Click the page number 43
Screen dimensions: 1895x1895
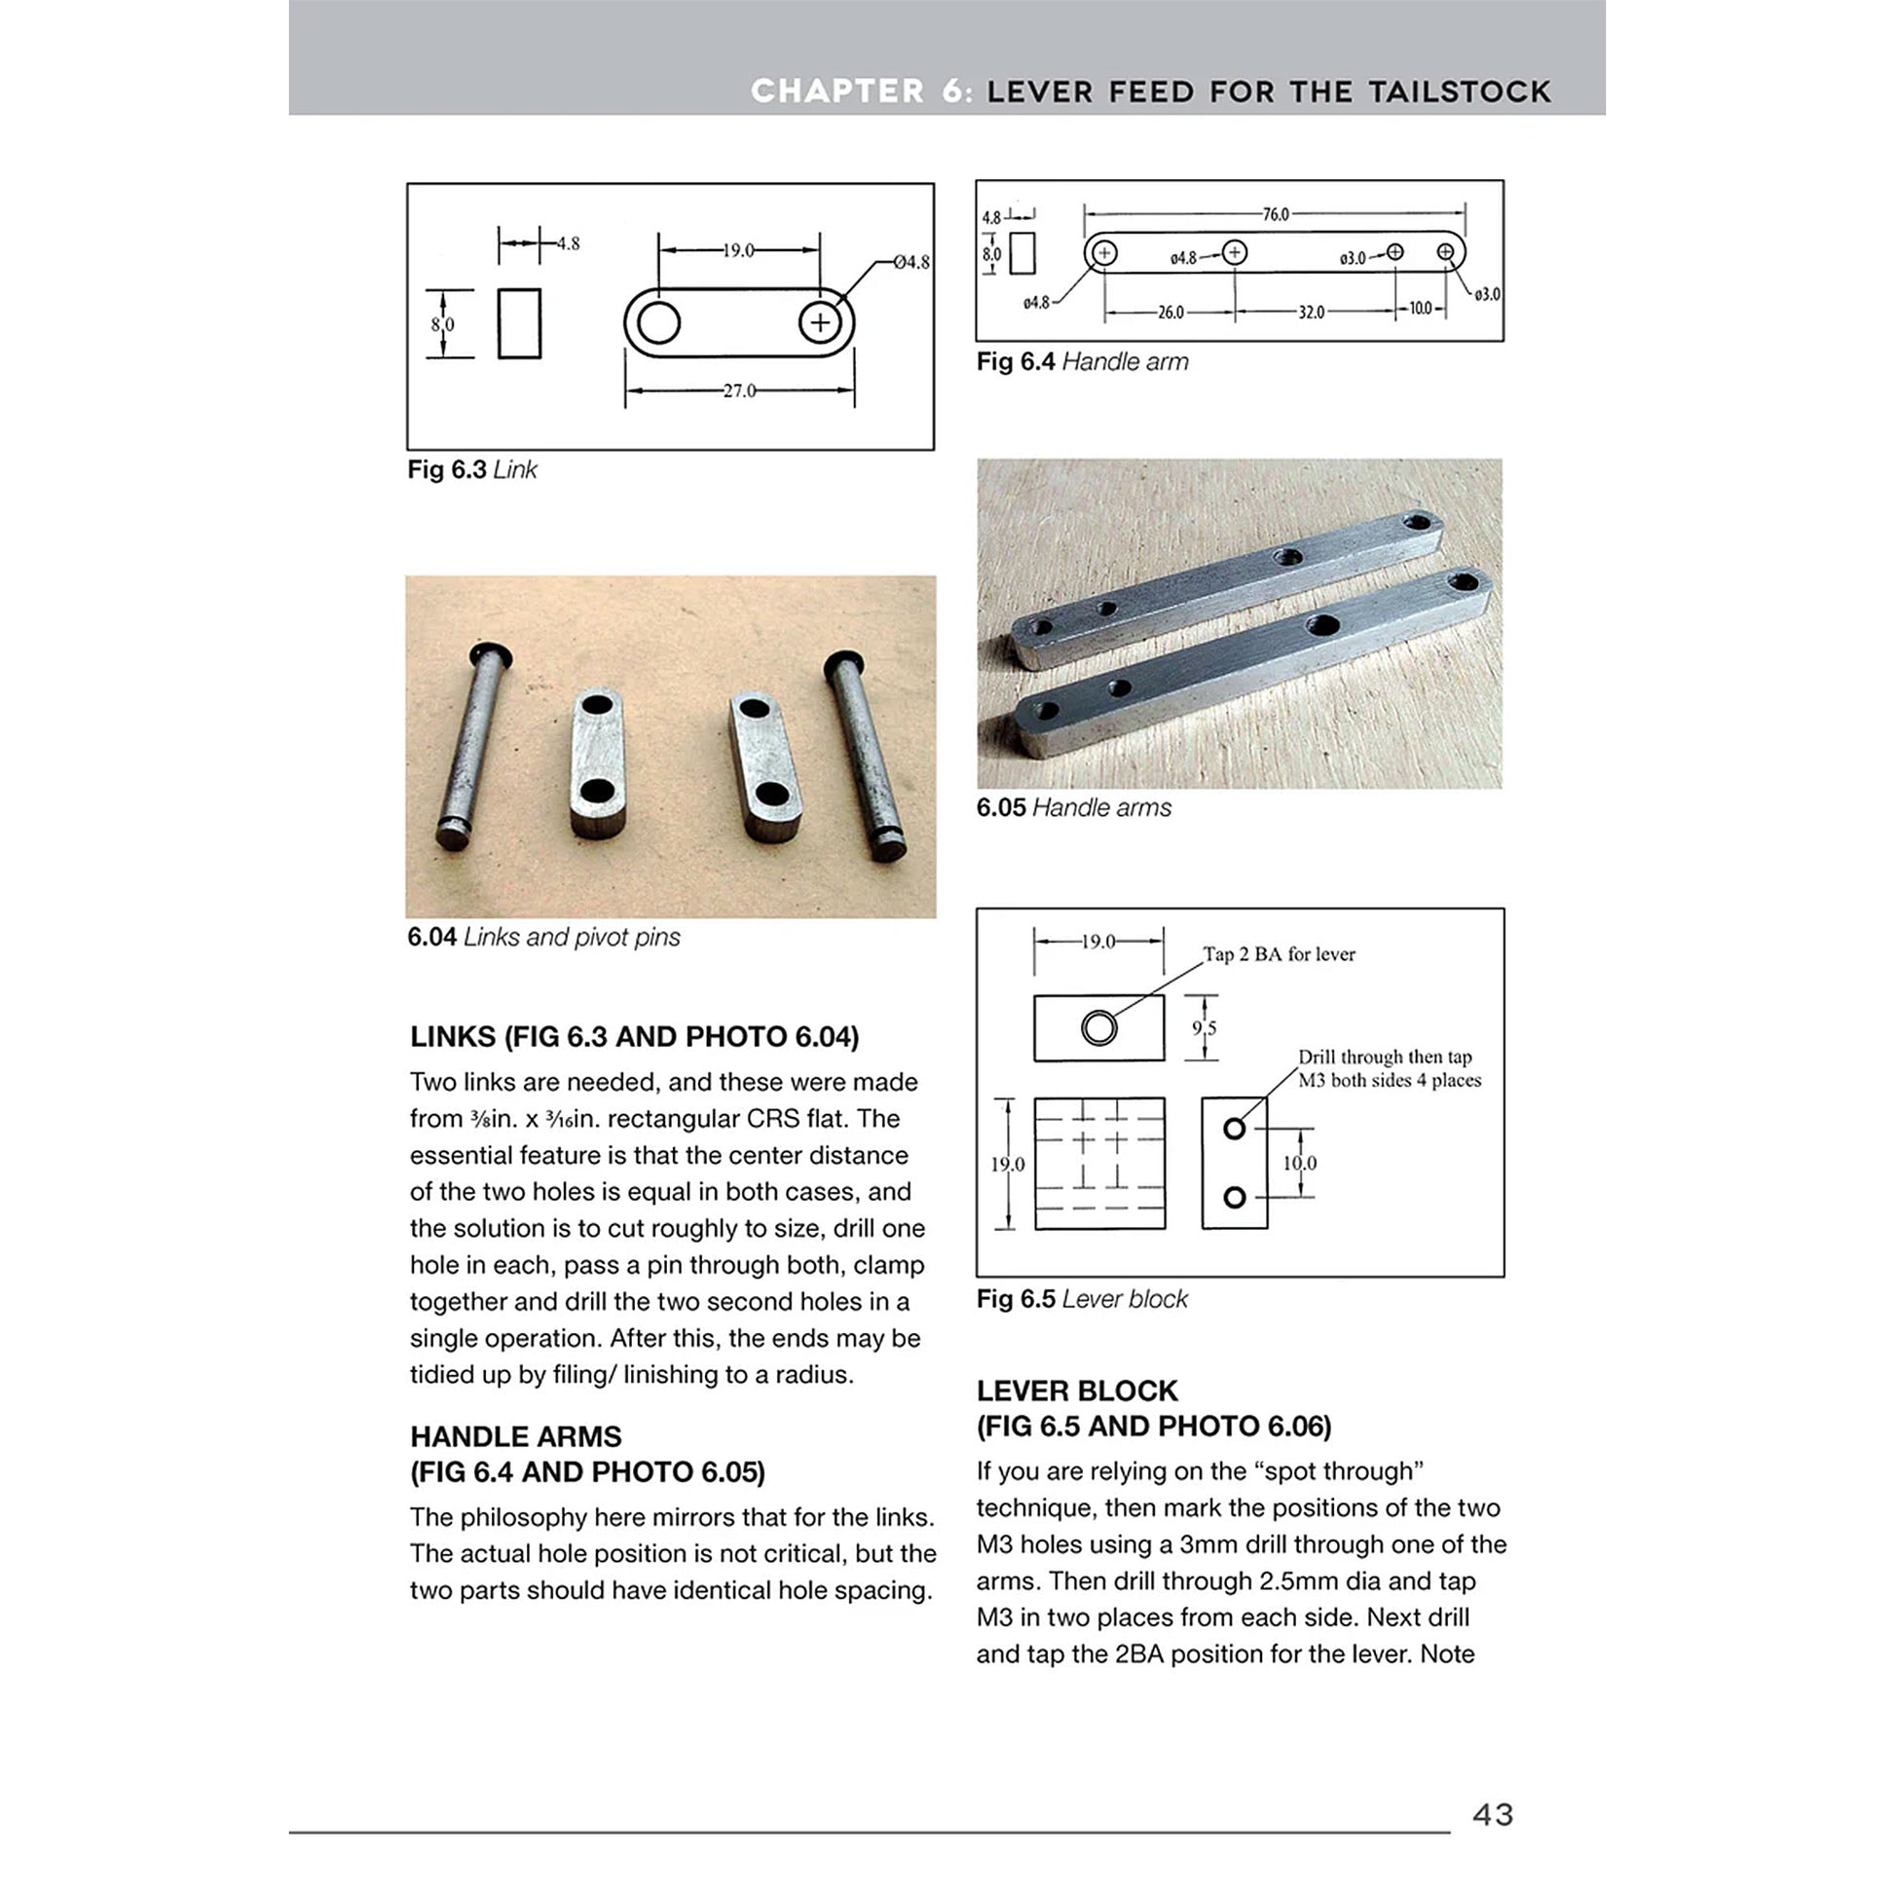(x=1492, y=1814)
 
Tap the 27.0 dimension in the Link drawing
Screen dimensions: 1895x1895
(x=738, y=390)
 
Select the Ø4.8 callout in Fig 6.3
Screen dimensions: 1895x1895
(x=910, y=262)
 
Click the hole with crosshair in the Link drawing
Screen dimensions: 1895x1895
(x=820, y=322)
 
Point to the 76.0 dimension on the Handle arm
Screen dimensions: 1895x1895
(x=1275, y=214)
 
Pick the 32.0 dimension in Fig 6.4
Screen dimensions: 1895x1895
(x=1312, y=312)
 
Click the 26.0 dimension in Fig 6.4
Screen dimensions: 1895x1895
(x=1170, y=312)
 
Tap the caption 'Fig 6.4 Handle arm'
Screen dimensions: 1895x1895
(x=1082, y=362)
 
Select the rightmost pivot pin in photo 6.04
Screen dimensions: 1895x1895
(x=865, y=756)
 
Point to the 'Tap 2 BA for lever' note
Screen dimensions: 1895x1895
(x=1279, y=954)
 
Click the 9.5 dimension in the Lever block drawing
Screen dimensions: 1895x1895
(x=1204, y=1028)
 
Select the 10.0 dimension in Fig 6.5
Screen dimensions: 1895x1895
(x=1300, y=1164)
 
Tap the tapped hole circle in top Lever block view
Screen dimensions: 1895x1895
(x=1098, y=1028)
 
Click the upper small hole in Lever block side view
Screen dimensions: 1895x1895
(x=1235, y=1129)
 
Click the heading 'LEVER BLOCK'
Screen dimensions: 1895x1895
(x=1077, y=1391)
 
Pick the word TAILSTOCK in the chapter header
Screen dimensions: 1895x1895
(x=1460, y=93)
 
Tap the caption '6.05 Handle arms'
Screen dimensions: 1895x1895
(x=1073, y=807)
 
